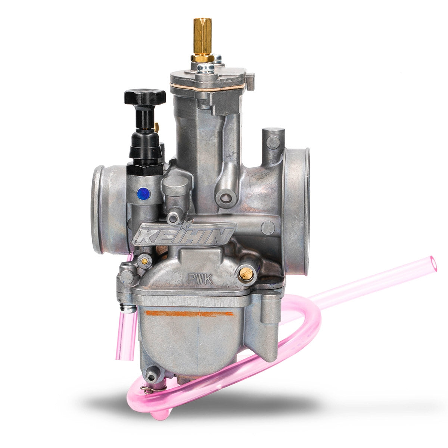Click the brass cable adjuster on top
tap(202, 37)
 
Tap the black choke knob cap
tap(144, 97)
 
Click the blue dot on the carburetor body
tap(143, 194)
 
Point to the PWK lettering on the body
tap(200, 279)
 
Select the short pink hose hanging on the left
tap(125, 336)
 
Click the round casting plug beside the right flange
tap(268, 227)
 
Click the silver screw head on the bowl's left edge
tap(128, 308)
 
